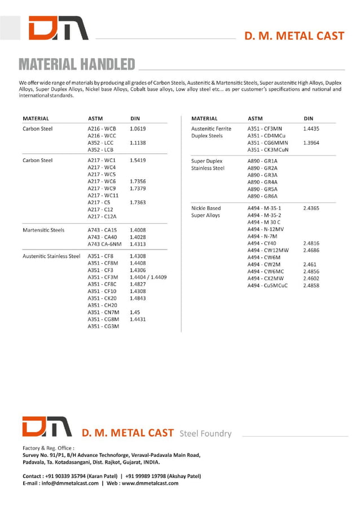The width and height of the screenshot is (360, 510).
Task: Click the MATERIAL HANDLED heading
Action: coord(76,64)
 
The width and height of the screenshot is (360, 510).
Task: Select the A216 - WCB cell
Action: coord(102,129)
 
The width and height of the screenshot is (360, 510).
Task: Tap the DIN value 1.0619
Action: coord(138,129)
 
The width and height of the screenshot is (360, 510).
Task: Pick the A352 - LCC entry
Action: coord(100,143)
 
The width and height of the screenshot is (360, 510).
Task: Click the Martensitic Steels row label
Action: coord(43,230)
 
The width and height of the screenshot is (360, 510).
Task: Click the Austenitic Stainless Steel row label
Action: coord(51,256)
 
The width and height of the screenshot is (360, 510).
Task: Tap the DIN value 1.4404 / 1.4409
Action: coord(148,277)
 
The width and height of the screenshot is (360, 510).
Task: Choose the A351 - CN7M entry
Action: coord(103,312)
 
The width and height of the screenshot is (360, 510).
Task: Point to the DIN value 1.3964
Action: coord(311,143)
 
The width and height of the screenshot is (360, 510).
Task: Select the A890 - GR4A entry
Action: coord(262,182)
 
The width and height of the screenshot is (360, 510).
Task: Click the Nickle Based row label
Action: coord(206,208)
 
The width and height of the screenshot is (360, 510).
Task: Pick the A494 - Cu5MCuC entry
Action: coord(267,286)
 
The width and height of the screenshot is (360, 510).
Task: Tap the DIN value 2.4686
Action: coord(311,250)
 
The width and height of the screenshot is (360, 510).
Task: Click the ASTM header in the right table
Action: coord(255,119)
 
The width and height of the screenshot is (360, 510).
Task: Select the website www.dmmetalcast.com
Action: coord(150,483)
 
